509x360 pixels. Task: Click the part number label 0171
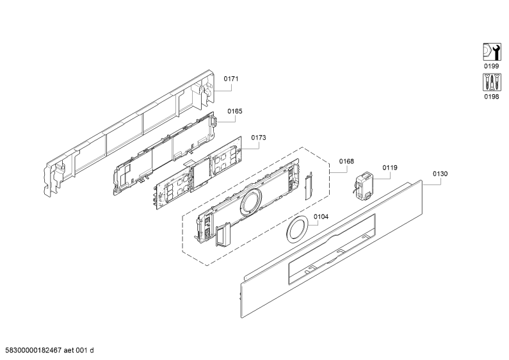coord(230,79)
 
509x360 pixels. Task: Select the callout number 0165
coord(235,111)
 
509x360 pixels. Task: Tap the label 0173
coord(259,138)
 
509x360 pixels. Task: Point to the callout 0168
coord(346,161)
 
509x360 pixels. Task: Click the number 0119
coord(389,168)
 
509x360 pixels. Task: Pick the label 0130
coord(440,174)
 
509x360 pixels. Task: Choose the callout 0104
coord(321,217)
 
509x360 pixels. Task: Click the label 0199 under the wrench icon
coord(492,66)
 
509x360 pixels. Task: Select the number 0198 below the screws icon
coord(492,97)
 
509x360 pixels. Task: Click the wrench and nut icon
coord(492,52)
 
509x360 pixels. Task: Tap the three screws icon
coord(492,82)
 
